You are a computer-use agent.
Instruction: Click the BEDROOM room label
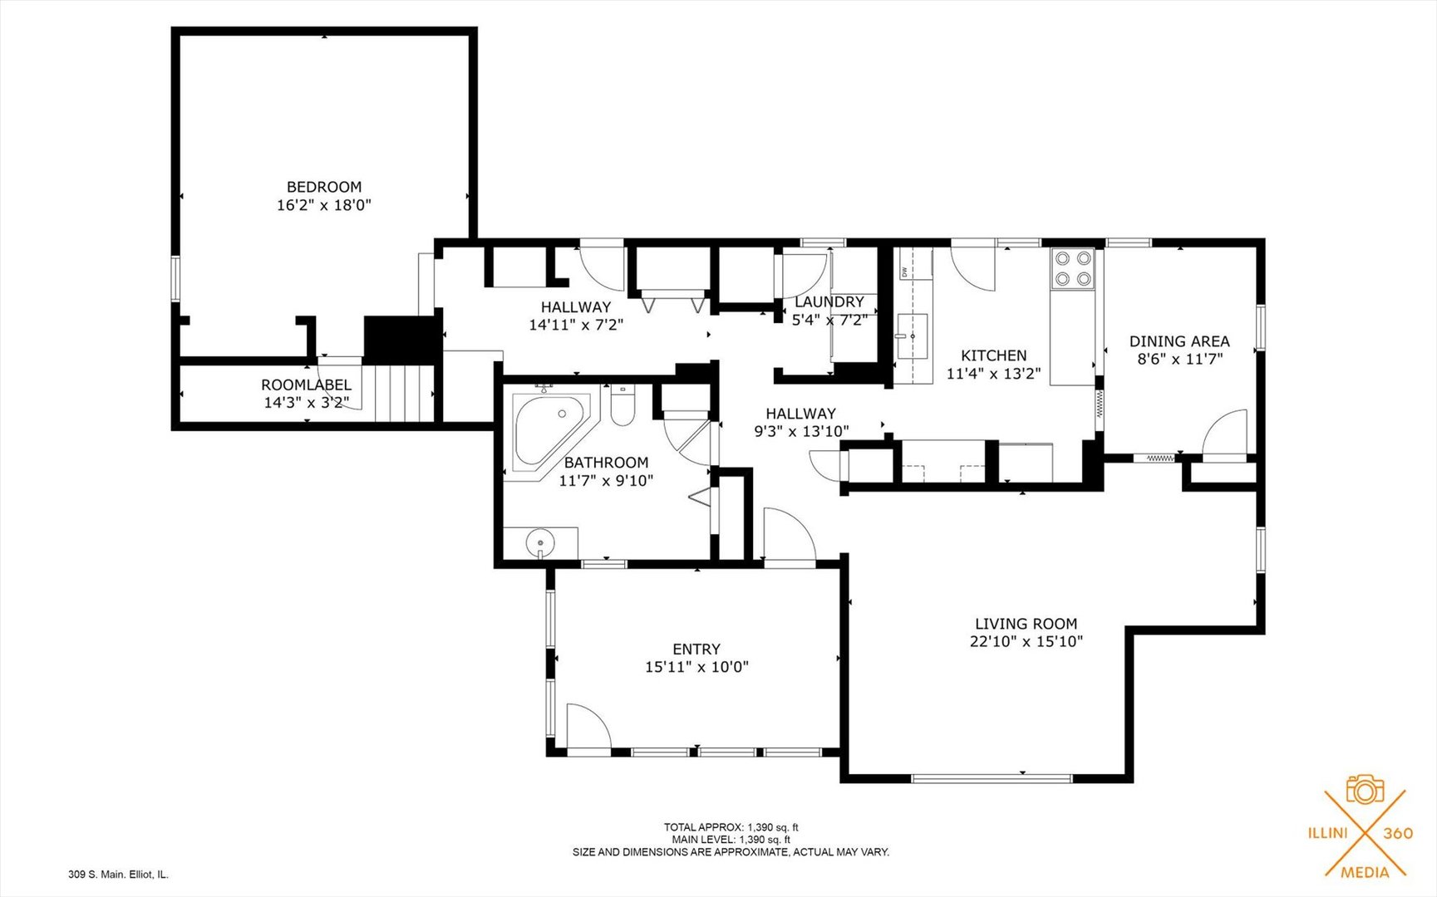(x=324, y=187)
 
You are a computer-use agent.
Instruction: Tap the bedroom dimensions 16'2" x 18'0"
(x=324, y=205)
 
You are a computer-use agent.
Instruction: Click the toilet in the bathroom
(x=623, y=407)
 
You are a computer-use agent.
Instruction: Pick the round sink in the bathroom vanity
(x=541, y=543)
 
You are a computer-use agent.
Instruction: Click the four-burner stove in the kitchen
(x=1072, y=268)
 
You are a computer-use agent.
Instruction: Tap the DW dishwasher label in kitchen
(x=903, y=272)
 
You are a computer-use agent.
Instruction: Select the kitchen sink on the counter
(x=912, y=336)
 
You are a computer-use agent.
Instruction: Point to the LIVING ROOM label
(x=1026, y=624)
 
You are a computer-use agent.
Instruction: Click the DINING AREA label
(x=1179, y=341)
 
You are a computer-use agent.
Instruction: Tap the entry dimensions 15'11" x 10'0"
(x=696, y=667)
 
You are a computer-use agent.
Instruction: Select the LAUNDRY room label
(x=829, y=302)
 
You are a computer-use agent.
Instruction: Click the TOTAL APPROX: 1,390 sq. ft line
(x=731, y=827)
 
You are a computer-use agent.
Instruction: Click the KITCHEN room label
(x=993, y=355)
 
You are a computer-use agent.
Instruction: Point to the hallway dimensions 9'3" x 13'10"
(x=800, y=432)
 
